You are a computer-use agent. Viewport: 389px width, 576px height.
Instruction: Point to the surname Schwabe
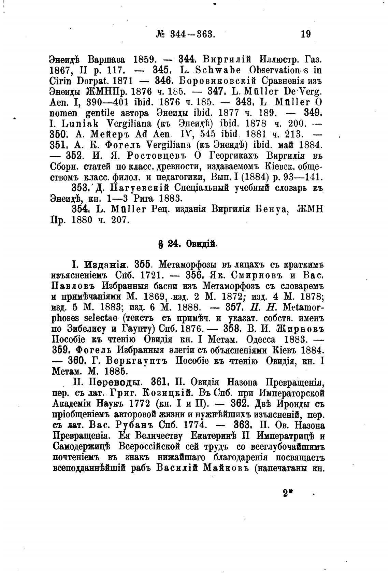(x=220, y=70)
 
